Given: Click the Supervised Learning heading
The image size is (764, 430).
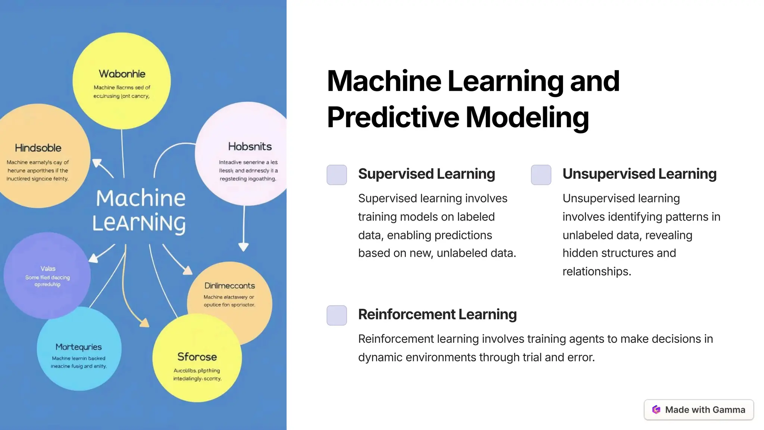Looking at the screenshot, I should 426,174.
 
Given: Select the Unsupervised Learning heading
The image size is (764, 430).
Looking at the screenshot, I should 639,174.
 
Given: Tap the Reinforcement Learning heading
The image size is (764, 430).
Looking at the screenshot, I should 437,314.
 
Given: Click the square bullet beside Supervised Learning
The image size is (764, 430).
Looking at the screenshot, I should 336,175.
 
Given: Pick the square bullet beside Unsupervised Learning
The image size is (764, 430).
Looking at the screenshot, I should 541,175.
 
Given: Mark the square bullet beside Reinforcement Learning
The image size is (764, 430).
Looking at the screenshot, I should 336,315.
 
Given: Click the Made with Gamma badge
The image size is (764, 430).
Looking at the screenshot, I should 699,410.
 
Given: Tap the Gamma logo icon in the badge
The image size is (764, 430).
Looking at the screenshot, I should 656,410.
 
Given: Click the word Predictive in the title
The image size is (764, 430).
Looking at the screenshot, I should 393,117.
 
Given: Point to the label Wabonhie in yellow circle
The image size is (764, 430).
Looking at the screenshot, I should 122,74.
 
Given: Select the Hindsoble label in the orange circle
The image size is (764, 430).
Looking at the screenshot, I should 38,148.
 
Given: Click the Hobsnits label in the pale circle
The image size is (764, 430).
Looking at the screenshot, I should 250,146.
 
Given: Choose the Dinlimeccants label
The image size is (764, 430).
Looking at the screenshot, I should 229,286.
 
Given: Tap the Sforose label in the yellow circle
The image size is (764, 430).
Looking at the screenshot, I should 197,357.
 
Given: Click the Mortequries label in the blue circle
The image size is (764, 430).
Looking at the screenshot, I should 78,347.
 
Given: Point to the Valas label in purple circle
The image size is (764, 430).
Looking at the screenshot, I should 48,268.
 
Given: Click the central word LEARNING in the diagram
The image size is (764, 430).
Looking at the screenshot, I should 139,223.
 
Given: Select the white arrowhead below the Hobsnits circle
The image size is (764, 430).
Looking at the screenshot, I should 244,247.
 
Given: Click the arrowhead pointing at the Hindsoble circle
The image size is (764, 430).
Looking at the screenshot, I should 97,164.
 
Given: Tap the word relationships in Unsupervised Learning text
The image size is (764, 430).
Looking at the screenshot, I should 597,271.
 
